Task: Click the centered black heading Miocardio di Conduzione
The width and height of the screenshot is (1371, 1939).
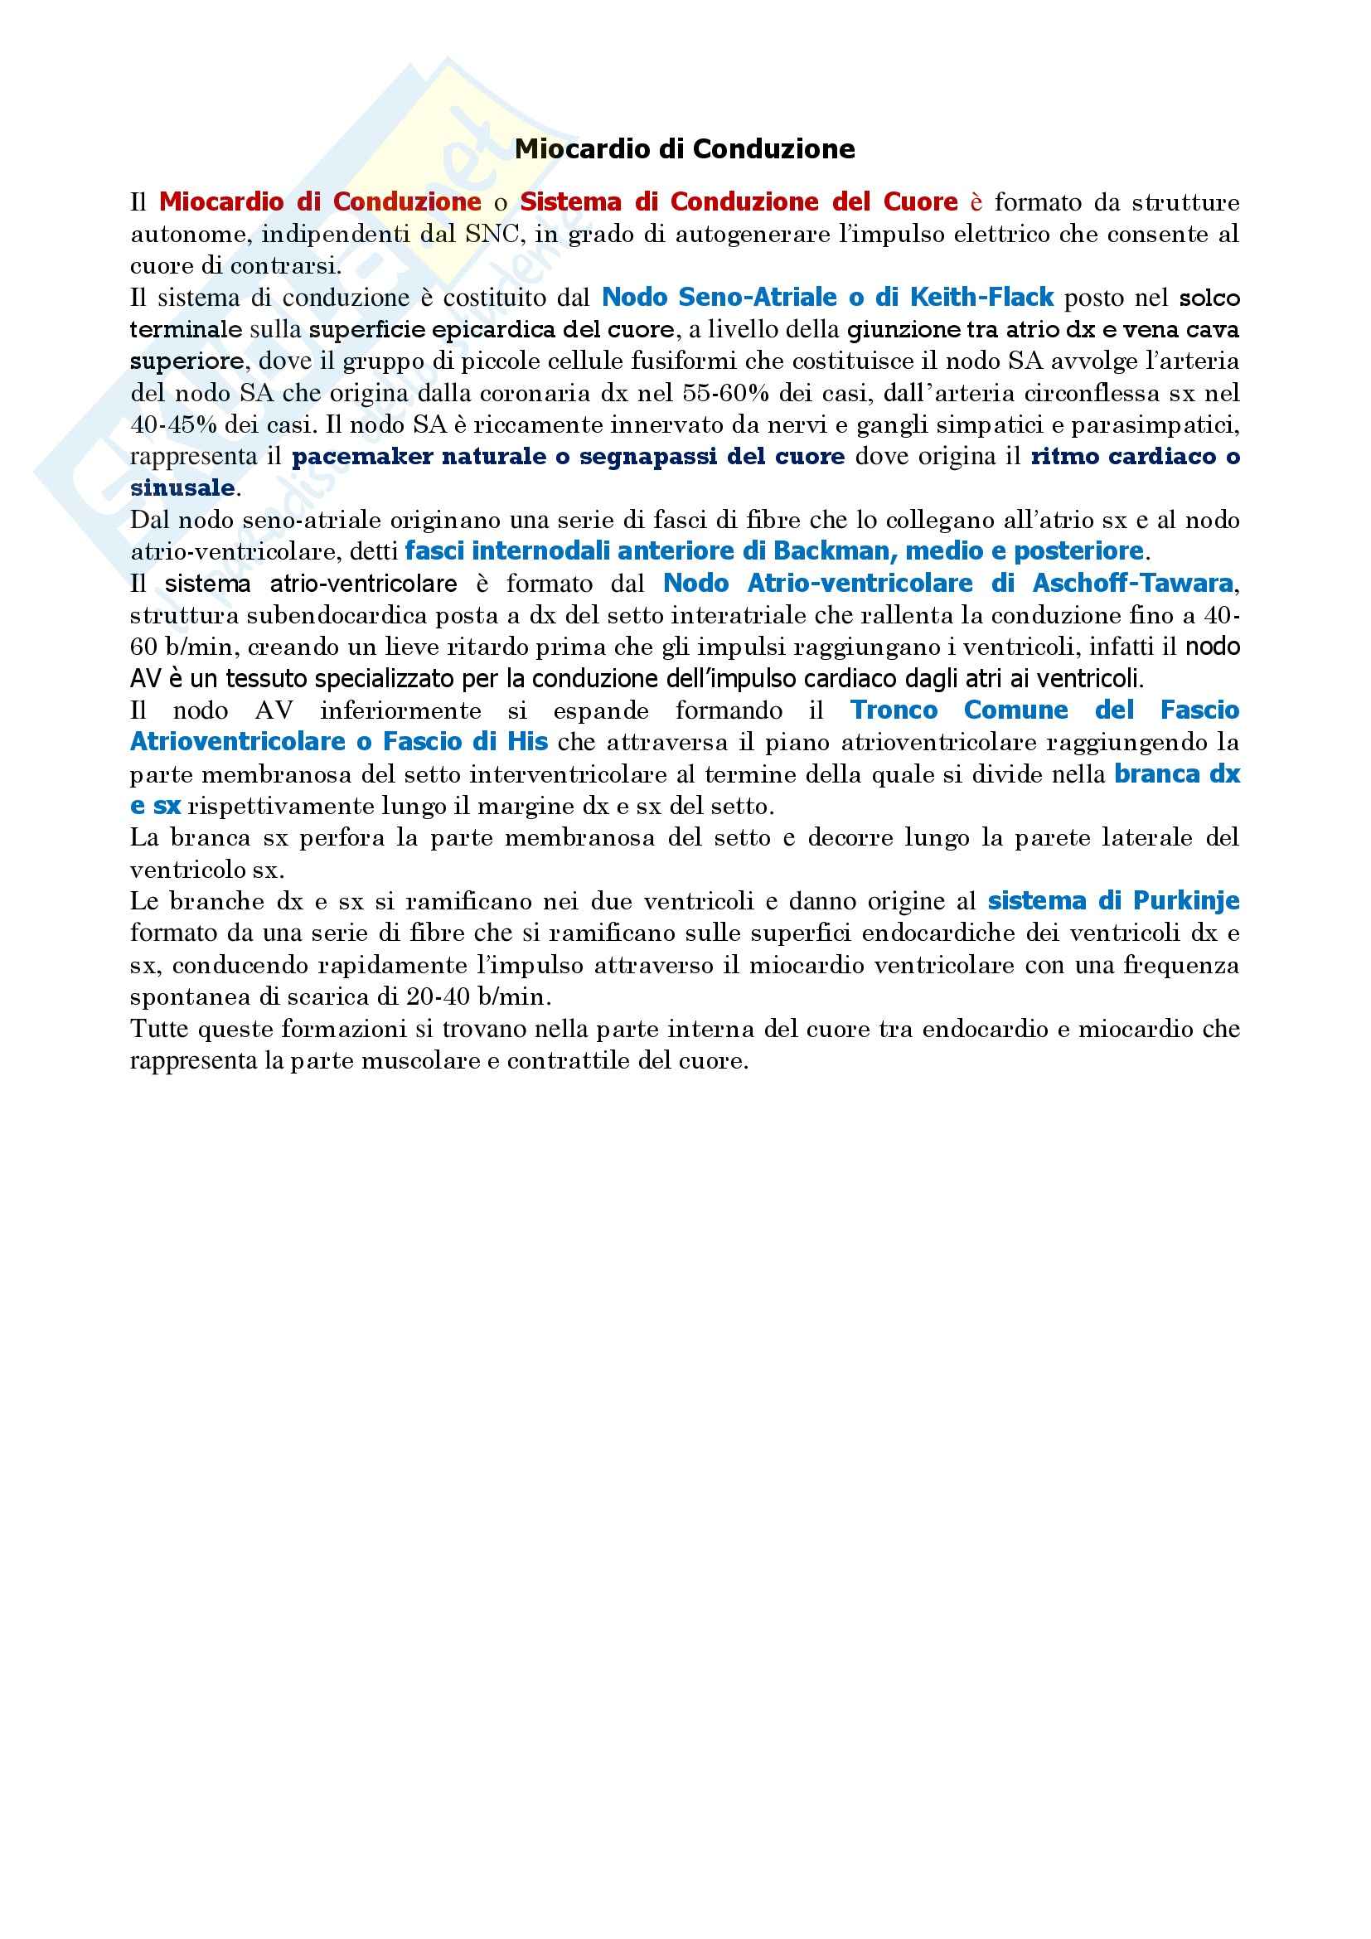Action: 685,149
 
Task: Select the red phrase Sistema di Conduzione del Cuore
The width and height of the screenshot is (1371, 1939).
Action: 739,201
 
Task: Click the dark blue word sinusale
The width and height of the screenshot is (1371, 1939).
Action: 182,488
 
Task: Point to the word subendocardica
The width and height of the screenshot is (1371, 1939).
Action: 325,616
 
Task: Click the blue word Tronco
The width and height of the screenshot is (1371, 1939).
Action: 894,710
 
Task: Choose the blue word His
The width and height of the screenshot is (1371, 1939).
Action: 527,742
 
